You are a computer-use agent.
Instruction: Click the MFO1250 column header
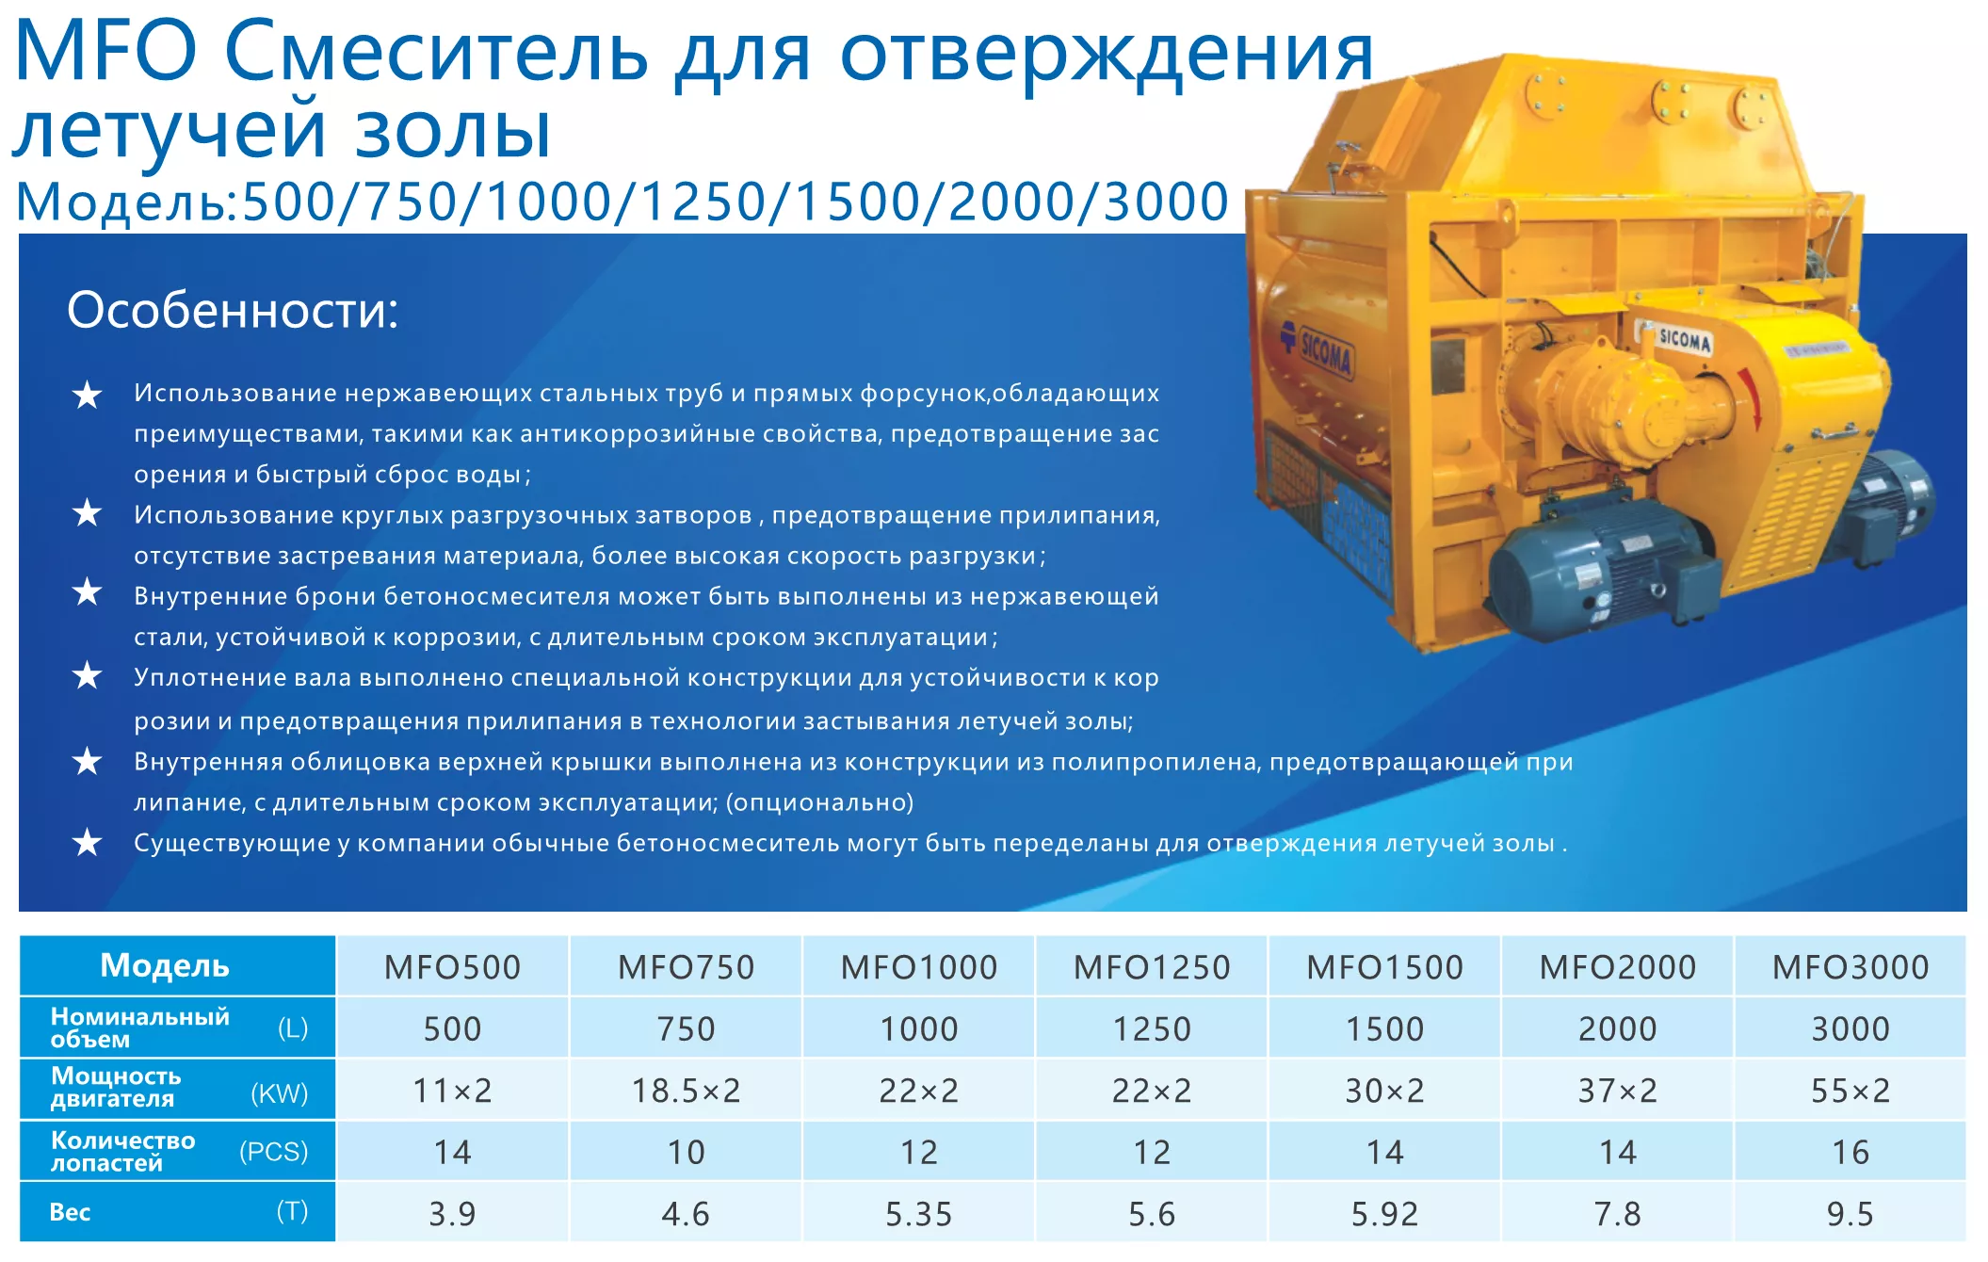(1152, 967)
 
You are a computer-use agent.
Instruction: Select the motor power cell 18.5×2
(686, 1091)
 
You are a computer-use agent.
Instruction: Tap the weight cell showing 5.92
(1384, 1214)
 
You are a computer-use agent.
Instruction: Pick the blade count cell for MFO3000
(1851, 1152)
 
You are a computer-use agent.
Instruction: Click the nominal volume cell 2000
(1617, 1028)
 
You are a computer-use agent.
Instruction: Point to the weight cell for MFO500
(452, 1214)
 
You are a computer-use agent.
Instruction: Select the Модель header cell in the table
(165, 965)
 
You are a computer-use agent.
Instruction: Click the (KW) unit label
(280, 1093)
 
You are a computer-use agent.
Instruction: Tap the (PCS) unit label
(274, 1152)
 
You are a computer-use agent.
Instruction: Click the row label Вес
(70, 1212)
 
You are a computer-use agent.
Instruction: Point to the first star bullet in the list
(88, 395)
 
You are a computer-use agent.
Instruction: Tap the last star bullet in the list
(88, 842)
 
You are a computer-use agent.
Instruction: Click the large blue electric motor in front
(1601, 565)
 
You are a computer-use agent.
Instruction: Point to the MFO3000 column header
(1851, 967)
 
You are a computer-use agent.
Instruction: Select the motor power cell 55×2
(1851, 1091)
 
